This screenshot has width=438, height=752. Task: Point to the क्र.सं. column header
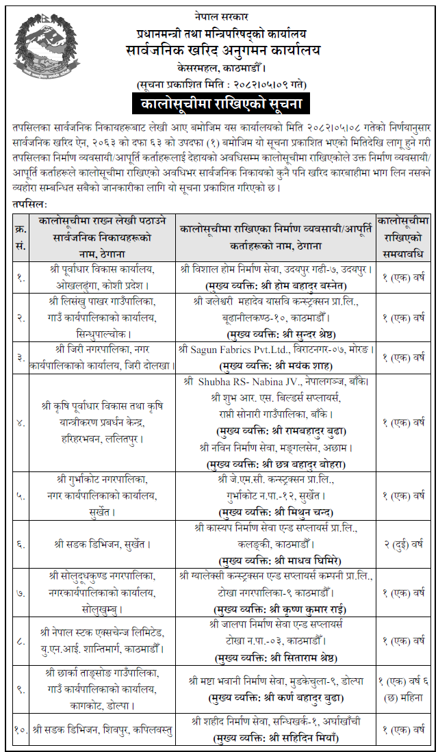point(21,232)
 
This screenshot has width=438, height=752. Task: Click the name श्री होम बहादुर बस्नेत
point(301,285)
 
